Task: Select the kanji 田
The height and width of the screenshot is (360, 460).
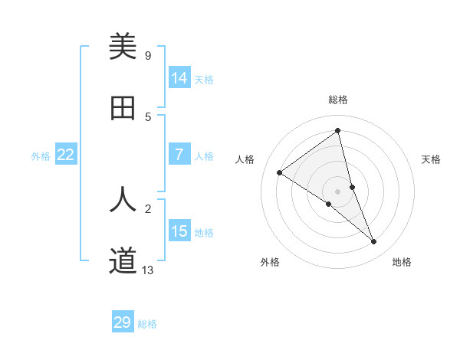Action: [123, 108]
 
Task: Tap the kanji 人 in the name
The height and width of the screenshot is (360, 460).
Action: [123, 198]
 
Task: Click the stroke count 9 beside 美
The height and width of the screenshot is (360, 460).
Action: [148, 55]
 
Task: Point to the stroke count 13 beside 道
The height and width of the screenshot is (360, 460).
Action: [148, 270]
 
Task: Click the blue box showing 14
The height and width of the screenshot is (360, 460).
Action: [179, 78]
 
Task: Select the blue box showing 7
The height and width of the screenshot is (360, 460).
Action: [179, 155]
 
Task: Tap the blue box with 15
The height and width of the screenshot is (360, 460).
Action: [179, 231]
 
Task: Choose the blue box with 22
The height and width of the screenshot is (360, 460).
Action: [66, 155]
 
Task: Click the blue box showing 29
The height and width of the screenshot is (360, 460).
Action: [123, 322]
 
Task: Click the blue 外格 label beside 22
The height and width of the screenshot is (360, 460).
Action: [41, 155]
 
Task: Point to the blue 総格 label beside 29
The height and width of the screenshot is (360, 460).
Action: [147, 324]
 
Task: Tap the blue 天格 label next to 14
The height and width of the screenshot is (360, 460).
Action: [204, 79]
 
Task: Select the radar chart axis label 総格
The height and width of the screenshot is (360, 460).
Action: [337, 100]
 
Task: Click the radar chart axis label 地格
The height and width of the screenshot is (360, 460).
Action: [402, 262]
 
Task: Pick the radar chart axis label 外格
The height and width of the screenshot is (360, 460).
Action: [270, 262]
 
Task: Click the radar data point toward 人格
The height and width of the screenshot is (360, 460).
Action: [280, 172]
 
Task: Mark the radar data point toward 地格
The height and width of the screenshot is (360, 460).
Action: [374, 242]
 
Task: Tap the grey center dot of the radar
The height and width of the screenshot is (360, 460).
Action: [337, 191]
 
